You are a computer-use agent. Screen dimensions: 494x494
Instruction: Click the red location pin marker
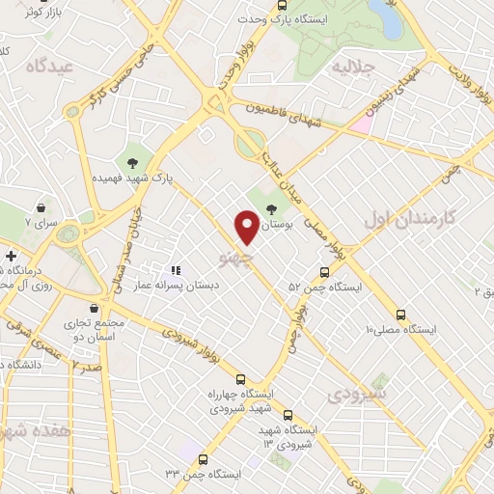247,227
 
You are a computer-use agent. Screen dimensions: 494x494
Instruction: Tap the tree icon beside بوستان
271,206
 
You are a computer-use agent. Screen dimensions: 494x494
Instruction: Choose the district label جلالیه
352,68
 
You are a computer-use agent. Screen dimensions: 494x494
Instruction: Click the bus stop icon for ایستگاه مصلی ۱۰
400,314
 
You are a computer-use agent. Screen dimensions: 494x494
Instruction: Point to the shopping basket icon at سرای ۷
41,207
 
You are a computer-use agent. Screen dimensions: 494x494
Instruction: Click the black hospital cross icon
10,257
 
